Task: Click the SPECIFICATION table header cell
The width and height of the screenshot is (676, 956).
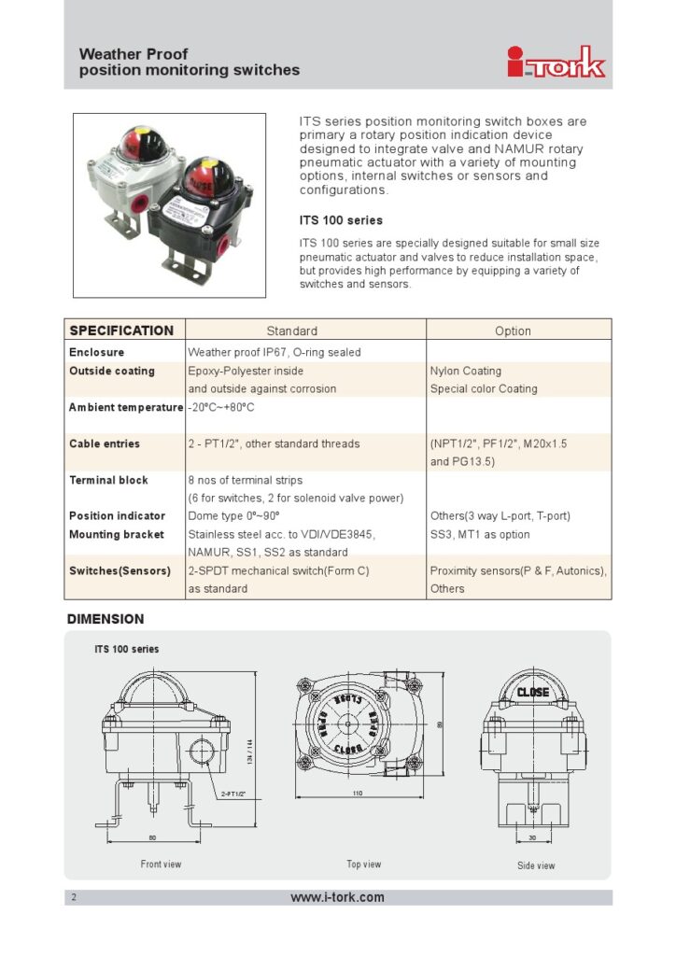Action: tap(121, 330)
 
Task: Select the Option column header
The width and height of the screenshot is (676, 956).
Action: tap(513, 331)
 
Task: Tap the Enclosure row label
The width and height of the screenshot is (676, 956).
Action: tap(96, 353)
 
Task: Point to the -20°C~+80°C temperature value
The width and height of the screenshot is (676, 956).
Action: tap(221, 408)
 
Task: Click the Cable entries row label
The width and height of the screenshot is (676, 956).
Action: tap(105, 444)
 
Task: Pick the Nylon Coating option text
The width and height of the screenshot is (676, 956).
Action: tap(465, 372)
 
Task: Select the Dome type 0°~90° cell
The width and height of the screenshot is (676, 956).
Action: tap(234, 516)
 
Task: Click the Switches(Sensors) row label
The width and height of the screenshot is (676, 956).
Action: tap(120, 570)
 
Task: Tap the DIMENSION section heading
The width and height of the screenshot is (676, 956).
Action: tap(106, 619)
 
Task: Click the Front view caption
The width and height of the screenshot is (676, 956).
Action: tap(161, 865)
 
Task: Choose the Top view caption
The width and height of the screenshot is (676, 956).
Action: tap(364, 865)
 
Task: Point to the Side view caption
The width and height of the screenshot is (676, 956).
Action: tap(537, 865)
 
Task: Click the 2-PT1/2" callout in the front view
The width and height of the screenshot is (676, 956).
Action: tap(232, 794)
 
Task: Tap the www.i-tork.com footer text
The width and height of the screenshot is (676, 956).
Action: tap(338, 897)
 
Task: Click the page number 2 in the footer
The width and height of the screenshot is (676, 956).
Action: tap(74, 898)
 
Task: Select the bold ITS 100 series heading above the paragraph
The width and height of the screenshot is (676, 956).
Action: tap(341, 221)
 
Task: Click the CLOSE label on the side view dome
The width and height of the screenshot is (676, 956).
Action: tap(533, 693)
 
